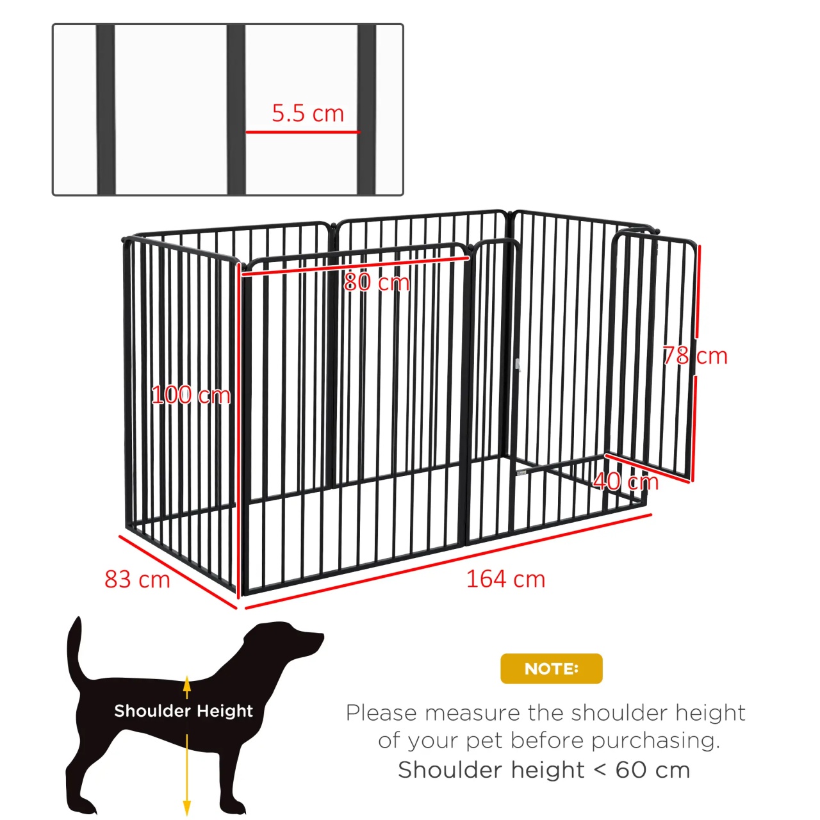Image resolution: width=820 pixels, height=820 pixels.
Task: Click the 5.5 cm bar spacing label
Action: (307, 113)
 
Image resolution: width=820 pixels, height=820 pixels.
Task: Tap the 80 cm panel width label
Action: (377, 282)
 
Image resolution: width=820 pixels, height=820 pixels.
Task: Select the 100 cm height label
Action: (191, 395)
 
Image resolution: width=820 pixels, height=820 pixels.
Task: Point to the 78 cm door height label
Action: (695, 356)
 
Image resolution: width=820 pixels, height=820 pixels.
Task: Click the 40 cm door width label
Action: (625, 481)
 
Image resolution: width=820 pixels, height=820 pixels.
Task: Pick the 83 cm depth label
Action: (137, 579)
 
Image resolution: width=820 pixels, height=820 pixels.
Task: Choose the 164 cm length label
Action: (505, 578)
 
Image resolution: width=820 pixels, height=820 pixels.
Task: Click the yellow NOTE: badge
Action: (551, 668)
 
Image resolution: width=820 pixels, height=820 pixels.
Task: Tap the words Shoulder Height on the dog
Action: (183, 710)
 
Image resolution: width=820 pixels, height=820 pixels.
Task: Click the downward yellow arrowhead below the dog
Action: (186, 808)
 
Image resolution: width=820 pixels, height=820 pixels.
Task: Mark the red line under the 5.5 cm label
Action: (302, 132)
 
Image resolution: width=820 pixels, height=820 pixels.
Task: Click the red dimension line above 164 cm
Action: (448, 561)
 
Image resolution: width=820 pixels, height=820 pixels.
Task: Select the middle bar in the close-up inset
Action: (236, 110)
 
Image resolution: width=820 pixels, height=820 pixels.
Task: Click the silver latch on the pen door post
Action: (518, 365)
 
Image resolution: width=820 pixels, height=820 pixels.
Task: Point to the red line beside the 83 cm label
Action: (178, 571)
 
